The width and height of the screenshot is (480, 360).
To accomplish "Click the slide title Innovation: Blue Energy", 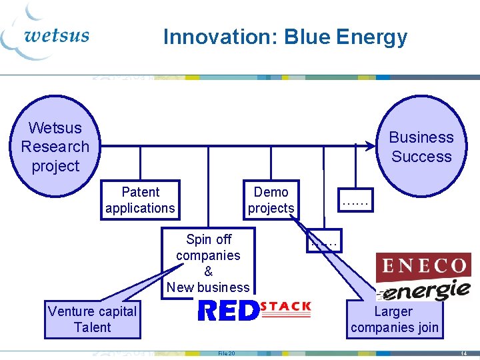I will [x=285, y=37].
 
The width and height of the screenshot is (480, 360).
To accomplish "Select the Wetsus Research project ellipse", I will [x=55, y=147].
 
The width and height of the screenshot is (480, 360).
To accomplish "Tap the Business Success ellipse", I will [x=421, y=147].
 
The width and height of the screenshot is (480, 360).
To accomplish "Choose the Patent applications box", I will [x=140, y=200].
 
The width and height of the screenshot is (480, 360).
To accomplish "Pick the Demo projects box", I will [x=271, y=200].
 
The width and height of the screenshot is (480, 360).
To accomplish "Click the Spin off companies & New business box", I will [x=208, y=263].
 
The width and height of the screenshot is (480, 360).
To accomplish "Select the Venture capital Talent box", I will [x=93, y=319].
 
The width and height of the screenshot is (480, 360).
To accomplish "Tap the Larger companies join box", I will [x=395, y=319].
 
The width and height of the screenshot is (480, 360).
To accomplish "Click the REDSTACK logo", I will [x=255, y=310].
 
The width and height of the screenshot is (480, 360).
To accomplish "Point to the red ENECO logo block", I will [x=423, y=267].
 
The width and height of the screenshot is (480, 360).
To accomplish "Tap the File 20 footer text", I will [x=227, y=353].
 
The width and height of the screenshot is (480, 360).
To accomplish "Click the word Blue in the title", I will [x=309, y=37].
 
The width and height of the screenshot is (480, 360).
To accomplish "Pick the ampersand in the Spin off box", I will [x=208, y=271].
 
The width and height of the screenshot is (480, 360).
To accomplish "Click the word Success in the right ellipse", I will [x=421, y=157].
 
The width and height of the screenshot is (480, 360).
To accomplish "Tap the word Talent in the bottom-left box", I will [x=93, y=327].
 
